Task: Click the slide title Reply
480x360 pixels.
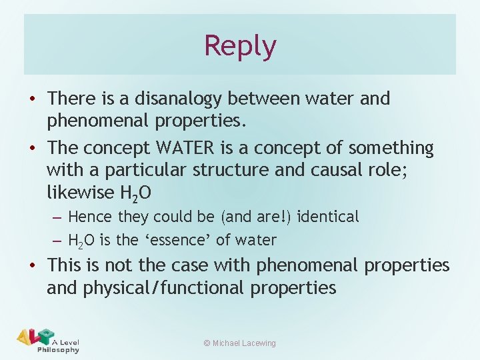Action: (x=240, y=46)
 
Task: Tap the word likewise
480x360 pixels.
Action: (x=79, y=193)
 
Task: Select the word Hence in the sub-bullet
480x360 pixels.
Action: (x=90, y=217)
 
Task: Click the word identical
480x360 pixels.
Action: (x=328, y=217)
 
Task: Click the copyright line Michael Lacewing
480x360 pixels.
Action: (x=239, y=343)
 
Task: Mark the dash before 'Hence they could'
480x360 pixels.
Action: (x=57, y=217)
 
